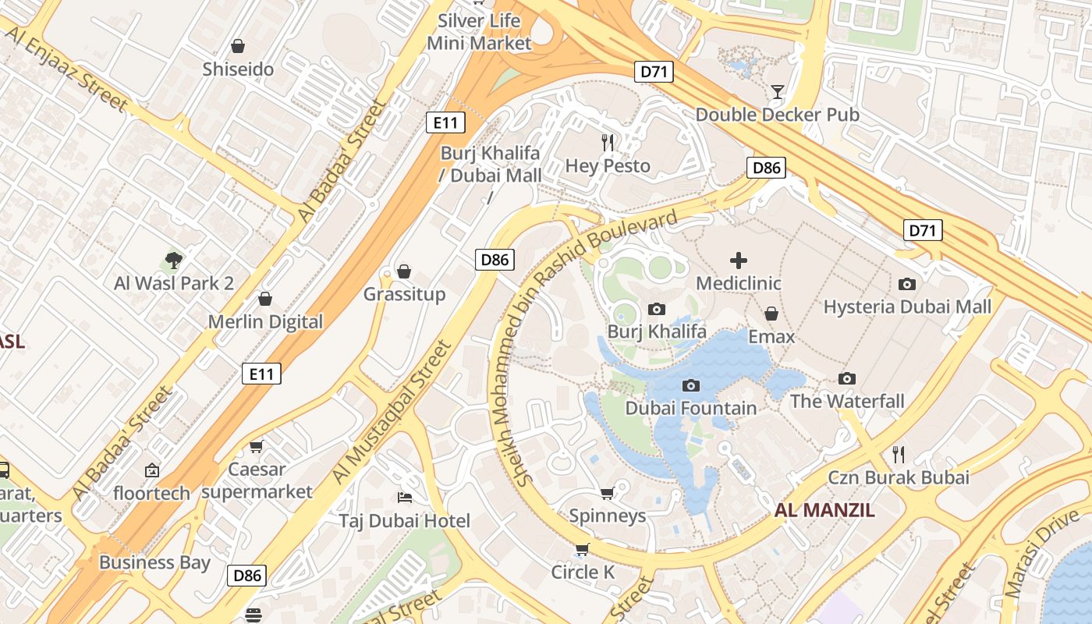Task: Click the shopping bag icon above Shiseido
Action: pos(238,46)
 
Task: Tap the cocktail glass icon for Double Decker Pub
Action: pos(777,92)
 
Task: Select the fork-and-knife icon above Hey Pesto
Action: pos(608,143)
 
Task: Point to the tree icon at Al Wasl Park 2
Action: pos(174,260)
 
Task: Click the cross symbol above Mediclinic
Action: pos(738,261)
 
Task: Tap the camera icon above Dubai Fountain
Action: pos(690,385)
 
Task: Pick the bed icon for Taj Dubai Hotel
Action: pos(404,498)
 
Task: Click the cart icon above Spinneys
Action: pos(608,493)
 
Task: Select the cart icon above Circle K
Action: pos(582,550)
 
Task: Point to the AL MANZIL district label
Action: pos(824,511)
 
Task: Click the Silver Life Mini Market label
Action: pos(479,32)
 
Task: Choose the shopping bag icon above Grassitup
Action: pos(404,271)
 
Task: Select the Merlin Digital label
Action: pos(265,321)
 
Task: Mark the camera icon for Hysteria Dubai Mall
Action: pos(906,284)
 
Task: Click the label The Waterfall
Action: pos(847,401)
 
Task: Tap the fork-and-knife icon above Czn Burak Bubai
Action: pos(899,454)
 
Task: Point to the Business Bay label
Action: pos(154,562)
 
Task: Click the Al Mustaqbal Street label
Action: pos(392,411)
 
